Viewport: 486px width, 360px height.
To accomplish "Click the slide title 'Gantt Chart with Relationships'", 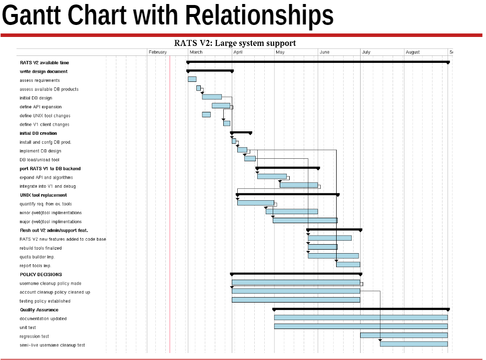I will [168, 16].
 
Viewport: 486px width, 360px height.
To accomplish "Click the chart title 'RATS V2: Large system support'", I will [235, 43].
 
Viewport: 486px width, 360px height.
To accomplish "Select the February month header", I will [157, 52].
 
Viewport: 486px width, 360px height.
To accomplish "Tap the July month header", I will [366, 52].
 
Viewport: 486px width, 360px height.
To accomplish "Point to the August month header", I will [413, 52].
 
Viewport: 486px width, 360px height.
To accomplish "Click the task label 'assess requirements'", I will [39, 80].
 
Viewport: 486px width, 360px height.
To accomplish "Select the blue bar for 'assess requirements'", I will [192, 79].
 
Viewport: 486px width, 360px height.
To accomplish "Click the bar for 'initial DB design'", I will [212, 97].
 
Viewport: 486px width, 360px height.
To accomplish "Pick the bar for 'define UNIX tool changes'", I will [206, 114].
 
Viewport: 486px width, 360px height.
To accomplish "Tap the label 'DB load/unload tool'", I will [39, 160].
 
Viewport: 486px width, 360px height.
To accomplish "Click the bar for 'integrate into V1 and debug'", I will [299, 185].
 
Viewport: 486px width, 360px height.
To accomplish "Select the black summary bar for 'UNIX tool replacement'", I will [288, 194].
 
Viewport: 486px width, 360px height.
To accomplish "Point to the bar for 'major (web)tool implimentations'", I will [305, 220].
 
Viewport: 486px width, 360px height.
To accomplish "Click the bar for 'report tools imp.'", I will [348, 264].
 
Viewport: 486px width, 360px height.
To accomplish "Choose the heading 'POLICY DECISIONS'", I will [41, 274].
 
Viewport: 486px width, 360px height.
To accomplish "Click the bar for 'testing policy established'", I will [296, 300].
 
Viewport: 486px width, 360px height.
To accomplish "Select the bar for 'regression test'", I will [404, 335].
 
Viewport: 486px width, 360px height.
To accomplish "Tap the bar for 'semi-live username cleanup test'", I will [414, 344].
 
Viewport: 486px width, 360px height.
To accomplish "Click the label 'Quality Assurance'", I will [39, 310].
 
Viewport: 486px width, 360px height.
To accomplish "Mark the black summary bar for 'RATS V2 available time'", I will [318, 62].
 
